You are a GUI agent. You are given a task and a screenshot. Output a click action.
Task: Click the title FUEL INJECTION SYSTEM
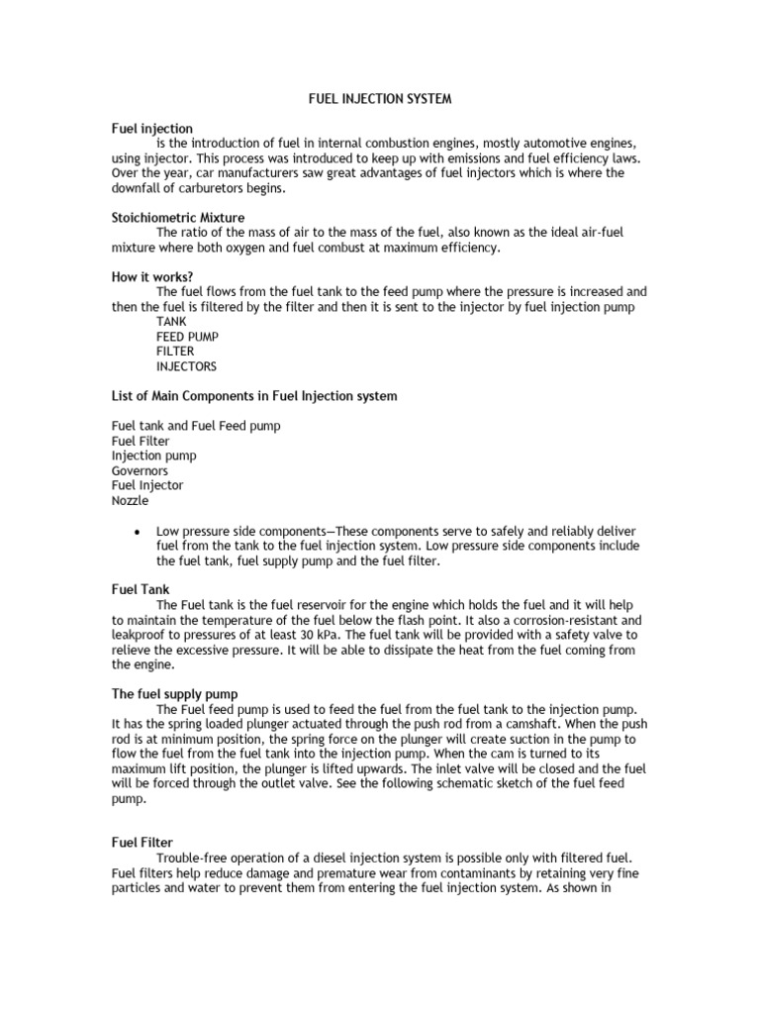click(x=379, y=99)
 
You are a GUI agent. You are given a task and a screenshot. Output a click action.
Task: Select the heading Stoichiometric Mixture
click(x=177, y=216)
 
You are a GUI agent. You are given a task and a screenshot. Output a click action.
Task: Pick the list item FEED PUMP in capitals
click(x=187, y=337)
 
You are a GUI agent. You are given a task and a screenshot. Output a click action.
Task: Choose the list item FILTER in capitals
click(x=175, y=352)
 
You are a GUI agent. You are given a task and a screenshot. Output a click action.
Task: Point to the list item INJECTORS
click(x=186, y=366)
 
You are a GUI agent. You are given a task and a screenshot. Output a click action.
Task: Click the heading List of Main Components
click(x=254, y=396)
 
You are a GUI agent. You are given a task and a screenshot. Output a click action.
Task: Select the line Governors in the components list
click(x=140, y=471)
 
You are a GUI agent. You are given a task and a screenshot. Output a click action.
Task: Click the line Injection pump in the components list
click(x=153, y=456)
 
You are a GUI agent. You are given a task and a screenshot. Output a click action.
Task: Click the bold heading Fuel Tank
click(x=140, y=589)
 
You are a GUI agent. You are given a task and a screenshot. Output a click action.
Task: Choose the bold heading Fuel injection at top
click(x=151, y=129)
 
